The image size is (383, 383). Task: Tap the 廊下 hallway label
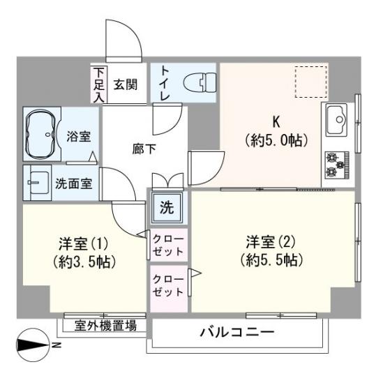pyautogui.click(x=144, y=149)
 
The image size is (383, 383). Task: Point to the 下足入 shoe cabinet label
pyautogui.click(x=99, y=84)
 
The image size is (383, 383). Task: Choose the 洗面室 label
pyautogui.click(x=76, y=183)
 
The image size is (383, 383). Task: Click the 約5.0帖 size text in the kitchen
pyautogui.click(x=276, y=140)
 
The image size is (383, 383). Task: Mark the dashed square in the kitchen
pyautogui.click(x=310, y=82)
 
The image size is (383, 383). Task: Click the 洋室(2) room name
pyautogui.click(x=271, y=242)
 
